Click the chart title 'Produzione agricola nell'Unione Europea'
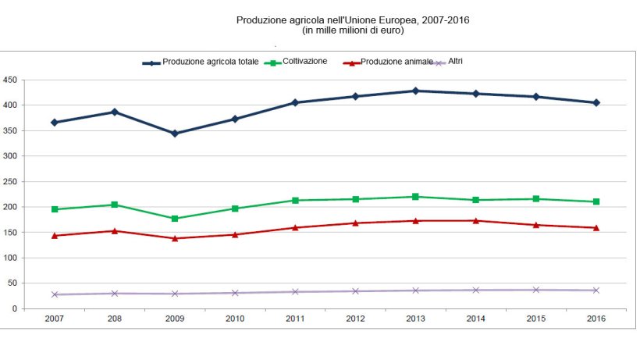[x=352, y=20]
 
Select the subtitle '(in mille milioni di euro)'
[x=352, y=30]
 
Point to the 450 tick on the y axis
[x=10, y=80]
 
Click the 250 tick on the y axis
[x=10, y=181]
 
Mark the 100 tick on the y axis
[x=10, y=258]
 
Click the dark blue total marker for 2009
[x=175, y=134]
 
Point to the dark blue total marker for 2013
[x=415, y=91]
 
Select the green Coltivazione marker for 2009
[x=175, y=219]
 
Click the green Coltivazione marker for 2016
[x=596, y=201]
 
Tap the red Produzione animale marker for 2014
[x=475, y=220]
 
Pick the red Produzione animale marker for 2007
[x=55, y=235]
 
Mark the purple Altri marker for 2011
[x=295, y=291]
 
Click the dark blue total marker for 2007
[x=55, y=123]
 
